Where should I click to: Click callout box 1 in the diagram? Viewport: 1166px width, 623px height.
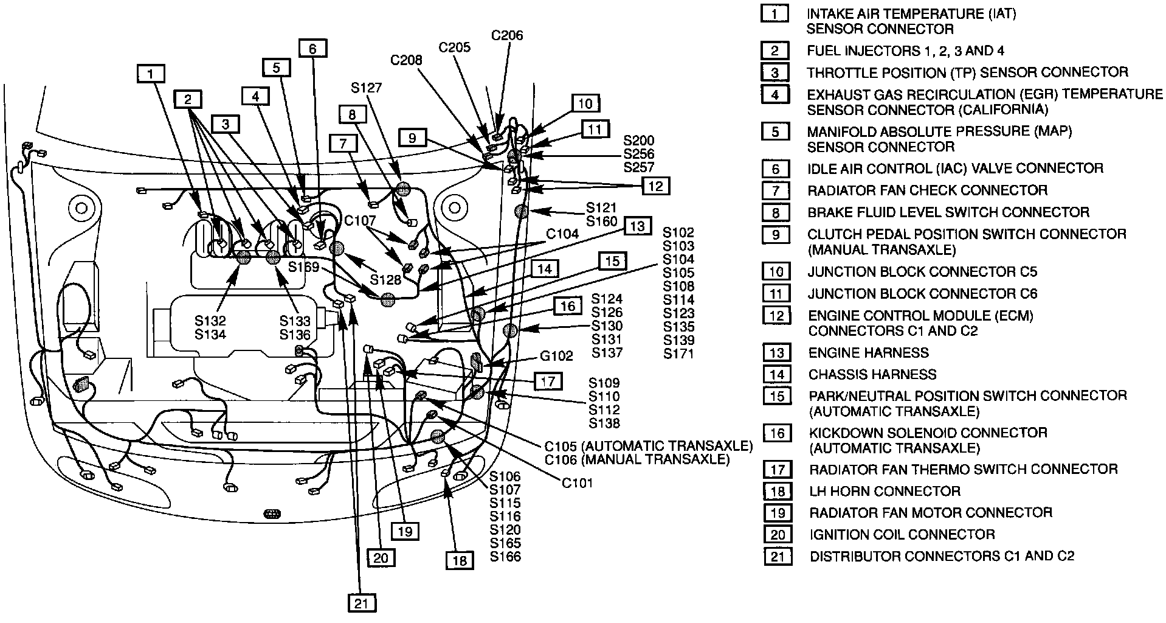151,75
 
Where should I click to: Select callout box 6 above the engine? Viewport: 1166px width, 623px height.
312,49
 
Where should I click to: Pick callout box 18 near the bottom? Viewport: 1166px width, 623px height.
460,560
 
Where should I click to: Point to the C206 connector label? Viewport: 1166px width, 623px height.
506,35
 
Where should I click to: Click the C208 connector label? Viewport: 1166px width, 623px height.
406,60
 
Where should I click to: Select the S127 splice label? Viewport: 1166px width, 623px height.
367,88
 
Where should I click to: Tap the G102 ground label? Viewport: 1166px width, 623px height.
556,356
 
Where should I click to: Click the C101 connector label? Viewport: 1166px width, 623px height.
576,483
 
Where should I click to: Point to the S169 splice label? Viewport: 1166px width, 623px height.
303,266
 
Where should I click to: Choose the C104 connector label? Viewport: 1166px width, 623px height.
561,234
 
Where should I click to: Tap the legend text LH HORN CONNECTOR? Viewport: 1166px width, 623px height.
884,491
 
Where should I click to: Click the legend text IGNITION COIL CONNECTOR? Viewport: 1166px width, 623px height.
902,534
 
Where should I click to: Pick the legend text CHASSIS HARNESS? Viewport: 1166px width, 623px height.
872,374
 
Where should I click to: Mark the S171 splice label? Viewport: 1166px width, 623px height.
678,353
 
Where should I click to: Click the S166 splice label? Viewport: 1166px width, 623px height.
505,556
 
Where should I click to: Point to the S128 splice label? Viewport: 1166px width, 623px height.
386,280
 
